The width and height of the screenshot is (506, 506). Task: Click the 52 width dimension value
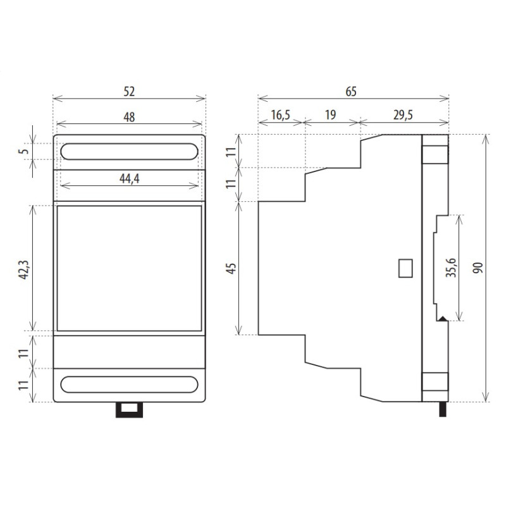(129, 92)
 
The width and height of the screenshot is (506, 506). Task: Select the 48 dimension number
(129, 117)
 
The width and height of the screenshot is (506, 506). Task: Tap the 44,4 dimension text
(130, 178)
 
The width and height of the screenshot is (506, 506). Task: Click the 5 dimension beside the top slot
(25, 151)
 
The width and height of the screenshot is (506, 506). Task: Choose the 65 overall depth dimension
(351, 92)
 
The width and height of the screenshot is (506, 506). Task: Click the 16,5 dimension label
(281, 115)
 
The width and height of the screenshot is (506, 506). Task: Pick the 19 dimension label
(330, 115)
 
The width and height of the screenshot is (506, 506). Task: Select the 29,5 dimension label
(403, 115)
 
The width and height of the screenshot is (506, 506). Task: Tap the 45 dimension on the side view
(231, 268)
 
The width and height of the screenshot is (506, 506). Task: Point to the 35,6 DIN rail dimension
(450, 268)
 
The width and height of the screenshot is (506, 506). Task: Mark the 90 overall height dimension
(478, 268)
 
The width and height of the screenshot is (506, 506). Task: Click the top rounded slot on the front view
(129, 151)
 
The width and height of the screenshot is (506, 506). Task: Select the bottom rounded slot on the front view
(129, 385)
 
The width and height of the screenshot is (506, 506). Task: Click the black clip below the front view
(129, 410)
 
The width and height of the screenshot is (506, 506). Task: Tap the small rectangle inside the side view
(405, 268)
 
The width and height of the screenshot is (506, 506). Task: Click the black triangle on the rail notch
(442, 319)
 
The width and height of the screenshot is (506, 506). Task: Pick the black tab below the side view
(443, 409)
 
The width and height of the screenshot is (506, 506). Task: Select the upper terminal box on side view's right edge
(435, 154)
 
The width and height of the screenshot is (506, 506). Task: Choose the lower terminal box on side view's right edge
(435, 382)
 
